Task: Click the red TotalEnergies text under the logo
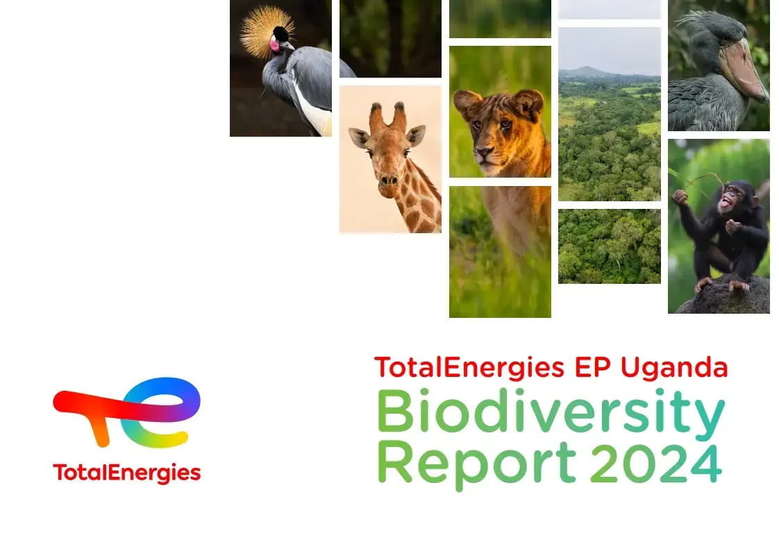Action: pos(126,473)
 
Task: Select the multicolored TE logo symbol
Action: pos(126,411)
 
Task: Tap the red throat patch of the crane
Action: pos(274,46)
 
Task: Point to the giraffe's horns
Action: pos(387,115)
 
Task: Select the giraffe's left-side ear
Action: pos(358,137)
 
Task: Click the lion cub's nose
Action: pos(483,151)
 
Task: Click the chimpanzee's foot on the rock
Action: pos(703,284)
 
